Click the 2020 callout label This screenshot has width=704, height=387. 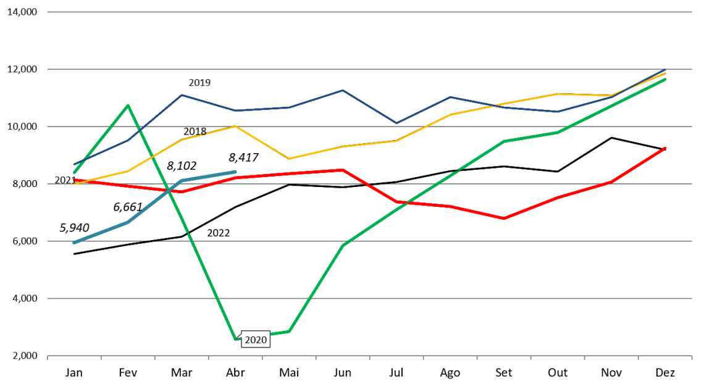(x=256, y=340)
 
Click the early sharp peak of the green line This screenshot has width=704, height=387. (x=128, y=106)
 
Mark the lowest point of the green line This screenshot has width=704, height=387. (x=235, y=338)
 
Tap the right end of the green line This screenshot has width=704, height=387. (x=665, y=80)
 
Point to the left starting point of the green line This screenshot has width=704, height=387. (x=74, y=172)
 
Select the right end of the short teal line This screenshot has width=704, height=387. (x=235, y=172)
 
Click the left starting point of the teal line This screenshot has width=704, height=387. (x=74, y=243)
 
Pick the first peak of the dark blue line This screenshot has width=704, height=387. (x=182, y=95)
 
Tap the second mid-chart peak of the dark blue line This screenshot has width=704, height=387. (x=343, y=91)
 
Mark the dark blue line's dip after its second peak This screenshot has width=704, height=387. (x=396, y=123)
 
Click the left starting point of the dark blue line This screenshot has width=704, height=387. (x=74, y=165)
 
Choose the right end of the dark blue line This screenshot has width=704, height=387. (x=665, y=70)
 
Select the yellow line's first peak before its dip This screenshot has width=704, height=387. (x=235, y=127)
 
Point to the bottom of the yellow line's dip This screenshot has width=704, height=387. (x=289, y=159)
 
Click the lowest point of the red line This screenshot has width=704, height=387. (x=504, y=219)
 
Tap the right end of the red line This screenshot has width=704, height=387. (x=665, y=148)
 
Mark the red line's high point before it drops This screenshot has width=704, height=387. (x=343, y=170)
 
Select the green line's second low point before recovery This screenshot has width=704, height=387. (x=288, y=332)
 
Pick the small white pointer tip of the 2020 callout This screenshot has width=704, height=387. (x=238, y=335)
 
